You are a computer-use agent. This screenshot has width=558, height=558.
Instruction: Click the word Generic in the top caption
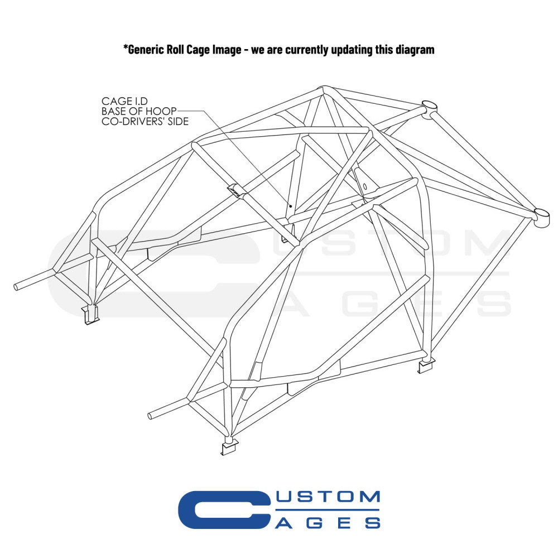coord(146,50)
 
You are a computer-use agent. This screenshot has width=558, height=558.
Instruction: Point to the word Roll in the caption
coord(177,50)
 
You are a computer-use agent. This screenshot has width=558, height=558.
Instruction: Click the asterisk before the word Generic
coord(126,49)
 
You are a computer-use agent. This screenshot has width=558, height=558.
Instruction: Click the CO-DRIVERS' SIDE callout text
coord(145,121)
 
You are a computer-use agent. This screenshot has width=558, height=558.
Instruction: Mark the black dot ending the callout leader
coord(291,205)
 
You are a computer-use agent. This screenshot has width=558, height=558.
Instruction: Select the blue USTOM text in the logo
coord(328,497)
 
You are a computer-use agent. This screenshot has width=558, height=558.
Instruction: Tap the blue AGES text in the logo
coord(328,523)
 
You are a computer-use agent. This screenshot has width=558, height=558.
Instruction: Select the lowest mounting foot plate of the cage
coord(229,448)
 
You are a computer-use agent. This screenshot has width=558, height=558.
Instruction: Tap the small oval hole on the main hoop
coord(365,185)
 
